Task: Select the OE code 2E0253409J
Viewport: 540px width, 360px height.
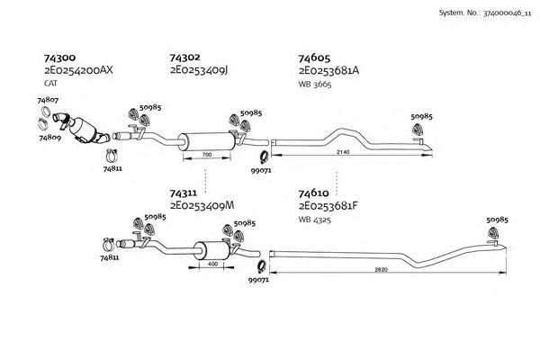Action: pyautogui.click(x=199, y=69)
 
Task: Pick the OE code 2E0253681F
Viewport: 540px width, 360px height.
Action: pyautogui.click(x=328, y=205)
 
